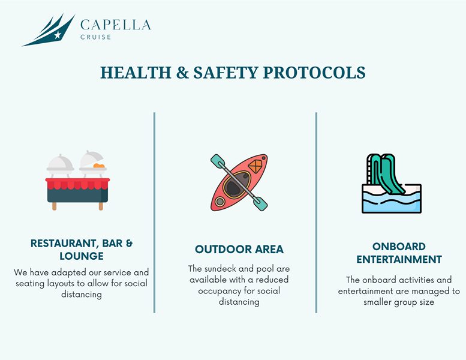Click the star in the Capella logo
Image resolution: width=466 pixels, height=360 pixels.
58,35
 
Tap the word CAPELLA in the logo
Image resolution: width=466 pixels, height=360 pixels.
116,25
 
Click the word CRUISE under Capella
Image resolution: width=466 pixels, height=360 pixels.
96,37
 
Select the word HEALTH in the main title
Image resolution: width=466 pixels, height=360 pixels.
136,73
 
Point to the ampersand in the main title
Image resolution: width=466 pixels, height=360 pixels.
182,73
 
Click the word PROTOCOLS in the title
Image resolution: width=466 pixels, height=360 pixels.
314,73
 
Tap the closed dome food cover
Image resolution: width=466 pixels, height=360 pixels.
61,163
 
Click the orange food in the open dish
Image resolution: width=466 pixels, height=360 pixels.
99,165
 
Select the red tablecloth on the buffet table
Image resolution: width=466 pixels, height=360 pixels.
77,184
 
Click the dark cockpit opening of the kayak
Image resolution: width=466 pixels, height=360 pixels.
236,185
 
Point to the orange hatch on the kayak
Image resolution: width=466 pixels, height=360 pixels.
255,166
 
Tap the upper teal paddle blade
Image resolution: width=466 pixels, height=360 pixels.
218,161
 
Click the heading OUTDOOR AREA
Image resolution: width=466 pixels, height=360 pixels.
239,250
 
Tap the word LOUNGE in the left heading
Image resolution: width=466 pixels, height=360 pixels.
82,256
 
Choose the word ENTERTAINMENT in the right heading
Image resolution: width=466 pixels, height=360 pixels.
399,259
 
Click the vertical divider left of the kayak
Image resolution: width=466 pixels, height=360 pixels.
155,212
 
